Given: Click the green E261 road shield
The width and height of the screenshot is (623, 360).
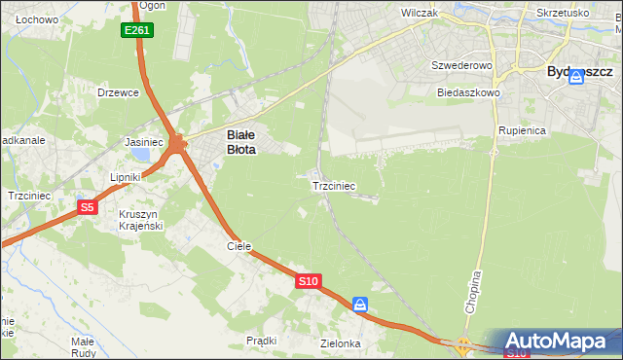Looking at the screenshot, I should click(x=137, y=31).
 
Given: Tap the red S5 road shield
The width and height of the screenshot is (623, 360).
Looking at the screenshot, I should click(x=88, y=207).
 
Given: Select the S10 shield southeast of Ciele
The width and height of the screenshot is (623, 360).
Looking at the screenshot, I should click(x=308, y=281).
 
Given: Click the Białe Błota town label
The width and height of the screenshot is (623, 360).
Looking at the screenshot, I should click(x=241, y=143).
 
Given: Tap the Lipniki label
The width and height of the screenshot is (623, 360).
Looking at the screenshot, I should click(x=127, y=177).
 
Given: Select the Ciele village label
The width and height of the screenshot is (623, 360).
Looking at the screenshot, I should click(x=239, y=246).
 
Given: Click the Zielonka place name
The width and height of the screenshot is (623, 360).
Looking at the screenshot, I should click(x=341, y=343).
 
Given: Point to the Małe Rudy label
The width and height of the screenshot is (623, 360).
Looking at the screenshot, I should click(x=83, y=347).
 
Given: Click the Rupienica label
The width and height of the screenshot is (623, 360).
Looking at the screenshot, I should click(x=523, y=129).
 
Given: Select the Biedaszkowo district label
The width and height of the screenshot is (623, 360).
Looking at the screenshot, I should click(x=468, y=92).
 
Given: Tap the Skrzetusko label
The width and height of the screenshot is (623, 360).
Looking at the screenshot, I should click(x=563, y=14).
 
